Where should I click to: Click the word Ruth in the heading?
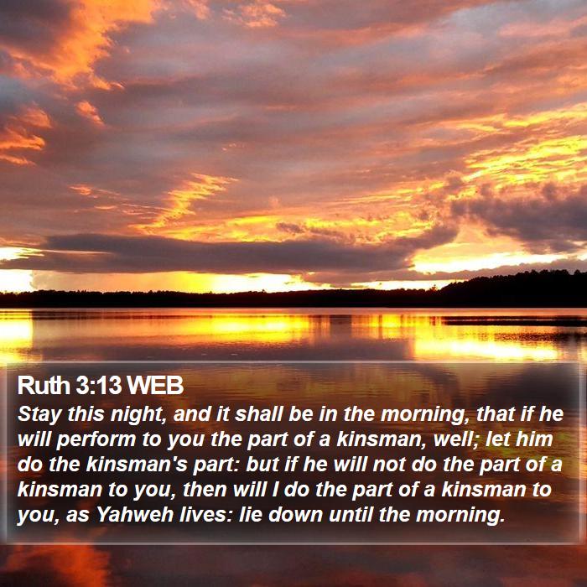[x=44, y=385]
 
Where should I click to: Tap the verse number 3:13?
[x=99, y=385]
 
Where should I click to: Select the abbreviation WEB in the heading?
[x=155, y=385]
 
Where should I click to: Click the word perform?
[x=96, y=440]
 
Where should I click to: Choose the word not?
[x=389, y=465]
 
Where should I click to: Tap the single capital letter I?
[x=275, y=490]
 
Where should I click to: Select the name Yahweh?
[x=135, y=515]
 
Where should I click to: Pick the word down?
[x=296, y=515]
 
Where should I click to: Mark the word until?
[x=351, y=515]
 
